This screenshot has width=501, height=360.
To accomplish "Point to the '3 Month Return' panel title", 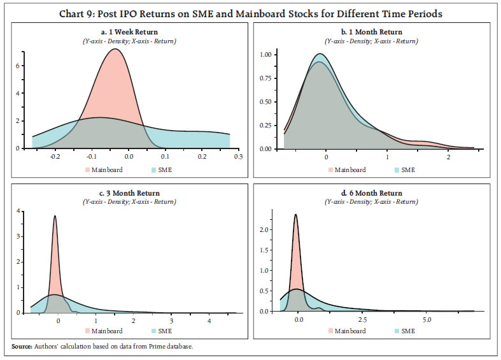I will click(130, 193).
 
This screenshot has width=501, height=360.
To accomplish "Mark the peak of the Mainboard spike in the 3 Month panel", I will click(55, 216).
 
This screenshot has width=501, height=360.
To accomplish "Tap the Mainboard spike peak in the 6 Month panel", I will click(296, 215).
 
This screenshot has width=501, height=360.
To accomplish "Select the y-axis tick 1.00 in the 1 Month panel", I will click(266, 55).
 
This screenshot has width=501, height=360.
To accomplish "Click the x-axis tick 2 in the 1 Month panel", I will click(449, 156).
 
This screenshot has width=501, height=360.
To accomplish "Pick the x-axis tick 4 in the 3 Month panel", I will click(209, 321).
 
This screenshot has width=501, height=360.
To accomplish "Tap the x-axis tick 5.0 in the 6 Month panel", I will click(427, 319).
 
